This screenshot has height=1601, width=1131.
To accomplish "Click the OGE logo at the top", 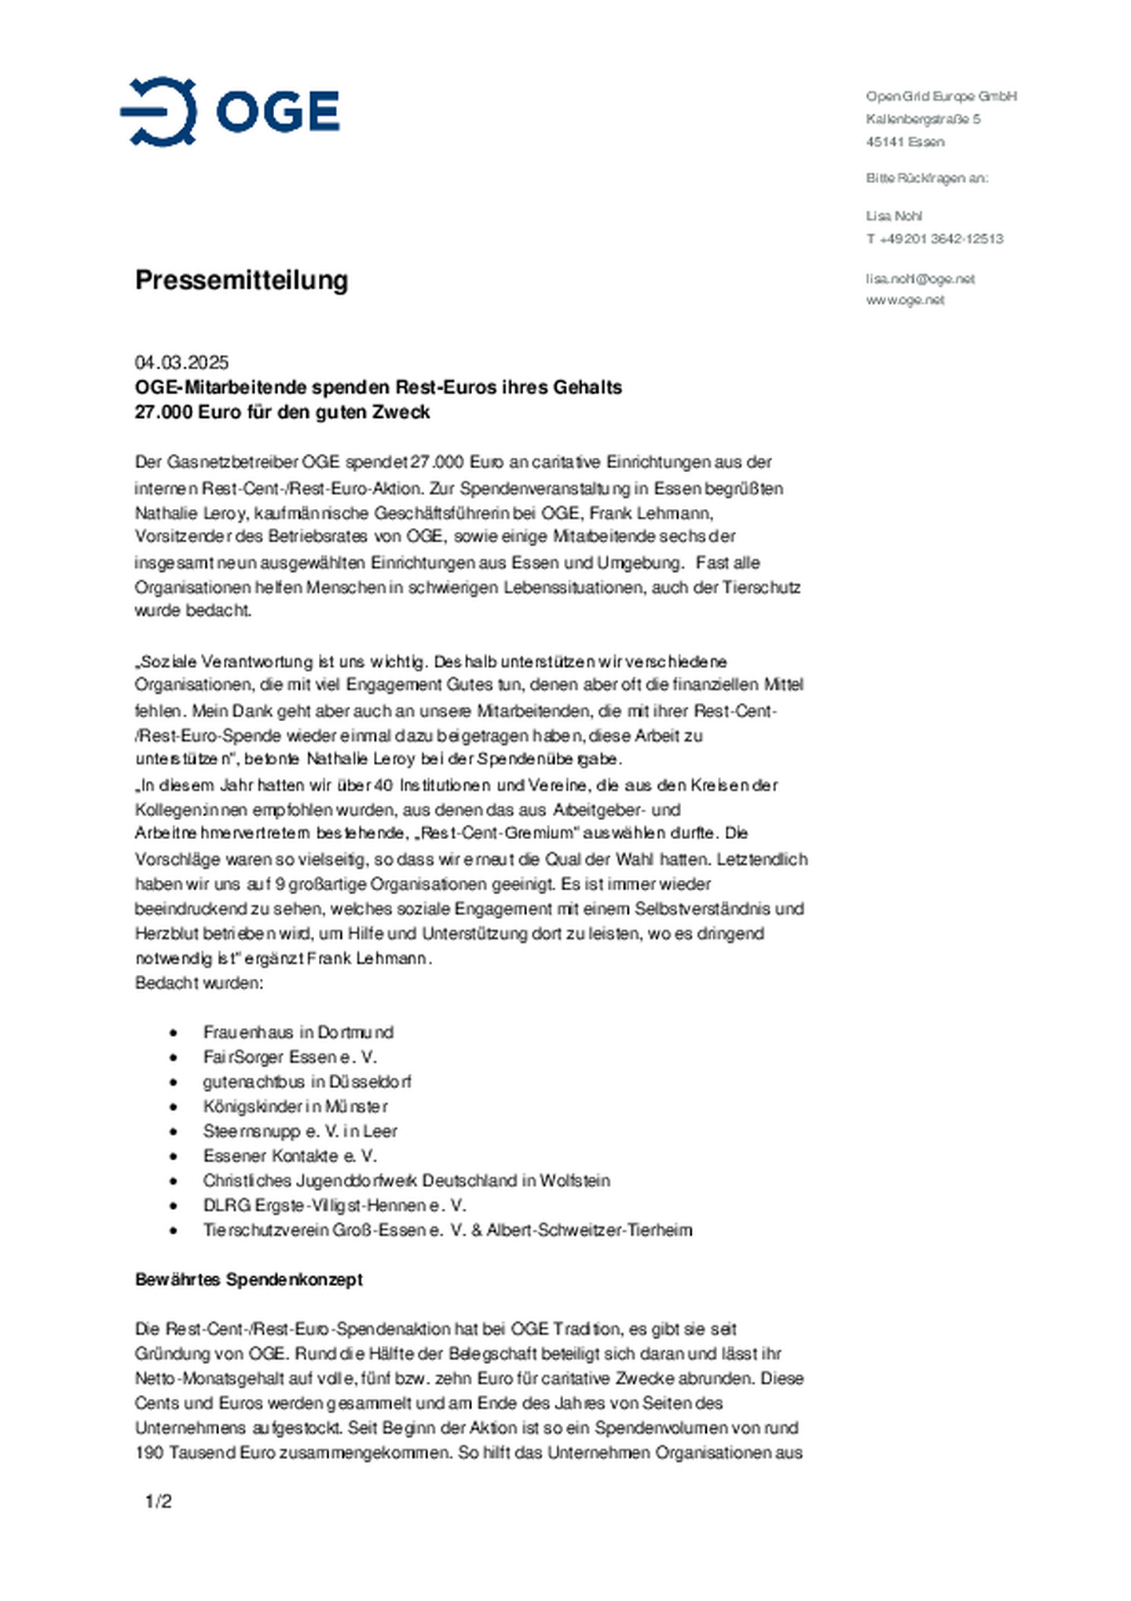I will pyautogui.click(x=229, y=111).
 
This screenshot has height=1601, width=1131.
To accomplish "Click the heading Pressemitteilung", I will pyautogui.click(x=241, y=280).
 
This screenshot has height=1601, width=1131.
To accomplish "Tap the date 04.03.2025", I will pyautogui.click(x=181, y=362).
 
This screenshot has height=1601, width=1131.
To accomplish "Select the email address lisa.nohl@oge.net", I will pyautogui.click(x=920, y=279).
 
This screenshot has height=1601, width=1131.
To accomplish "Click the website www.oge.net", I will pyautogui.click(x=905, y=300).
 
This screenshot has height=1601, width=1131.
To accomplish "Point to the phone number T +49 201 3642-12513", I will pyautogui.click(x=935, y=239).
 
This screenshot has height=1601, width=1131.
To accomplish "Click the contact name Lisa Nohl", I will pyautogui.click(x=894, y=216).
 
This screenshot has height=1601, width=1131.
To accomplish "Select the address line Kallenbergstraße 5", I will pyautogui.click(x=923, y=119).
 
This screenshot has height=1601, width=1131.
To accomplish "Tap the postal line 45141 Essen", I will pyautogui.click(x=905, y=142).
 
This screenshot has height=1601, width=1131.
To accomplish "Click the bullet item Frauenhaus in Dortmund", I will pyautogui.click(x=298, y=1032).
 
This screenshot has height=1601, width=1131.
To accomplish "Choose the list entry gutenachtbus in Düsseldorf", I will pyautogui.click(x=306, y=1082).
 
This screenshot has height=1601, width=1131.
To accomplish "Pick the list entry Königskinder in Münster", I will pyautogui.click(x=295, y=1107).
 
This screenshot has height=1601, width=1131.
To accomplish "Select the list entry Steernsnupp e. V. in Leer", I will pyautogui.click(x=300, y=1131).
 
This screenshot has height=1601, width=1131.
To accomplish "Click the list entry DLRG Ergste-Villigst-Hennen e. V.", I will pyautogui.click(x=334, y=1205).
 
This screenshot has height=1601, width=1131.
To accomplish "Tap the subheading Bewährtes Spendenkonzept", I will pyautogui.click(x=248, y=1280).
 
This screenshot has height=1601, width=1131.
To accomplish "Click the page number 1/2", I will pyautogui.click(x=158, y=1502).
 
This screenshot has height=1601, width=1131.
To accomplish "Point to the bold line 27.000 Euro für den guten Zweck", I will pyautogui.click(x=282, y=412).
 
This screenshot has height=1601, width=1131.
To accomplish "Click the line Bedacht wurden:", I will pyautogui.click(x=199, y=984).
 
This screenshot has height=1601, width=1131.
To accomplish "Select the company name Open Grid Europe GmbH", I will pyautogui.click(x=941, y=97).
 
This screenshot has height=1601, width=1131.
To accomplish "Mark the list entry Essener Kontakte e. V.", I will pyautogui.click(x=290, y=1156).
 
